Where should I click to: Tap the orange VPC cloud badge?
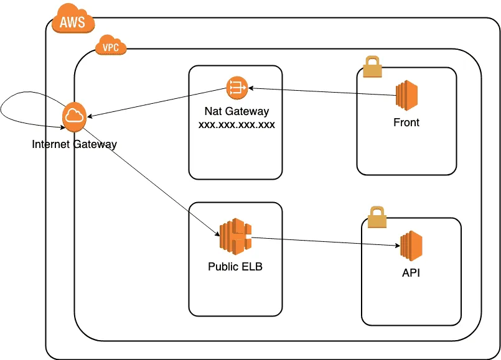(x=111, y=45)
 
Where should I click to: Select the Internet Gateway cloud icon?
(x=75, y=117)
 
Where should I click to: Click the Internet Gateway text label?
(x=75, y=144)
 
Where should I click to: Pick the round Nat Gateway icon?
(x=237, y=88)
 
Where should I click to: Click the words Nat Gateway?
(x=236, y=111)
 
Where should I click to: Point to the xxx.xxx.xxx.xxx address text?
(x=236, y=124)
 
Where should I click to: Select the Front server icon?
(x=407, y=95)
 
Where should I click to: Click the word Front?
(x=406, y=122)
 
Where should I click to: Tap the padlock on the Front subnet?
(x=373, y=67)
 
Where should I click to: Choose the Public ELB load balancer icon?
(x=235, y=236)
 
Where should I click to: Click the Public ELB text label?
(x=235, y=267)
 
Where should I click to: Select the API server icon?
(x=411, y=246)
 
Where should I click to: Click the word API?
(x=411, y=273)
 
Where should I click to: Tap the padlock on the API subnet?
(x=377, y=217)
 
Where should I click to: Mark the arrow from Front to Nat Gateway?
(x=322, y=91)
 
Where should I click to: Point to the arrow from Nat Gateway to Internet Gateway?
(x=157, y=103)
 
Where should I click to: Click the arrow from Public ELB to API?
(x=326, y=241)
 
